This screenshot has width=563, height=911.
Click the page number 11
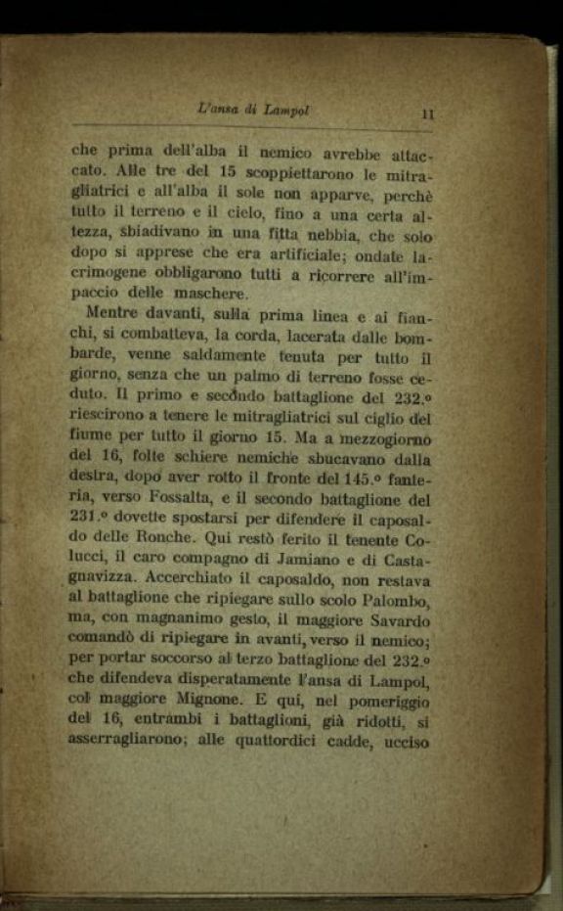[427, 114]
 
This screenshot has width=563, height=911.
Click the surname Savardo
[394, 619]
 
